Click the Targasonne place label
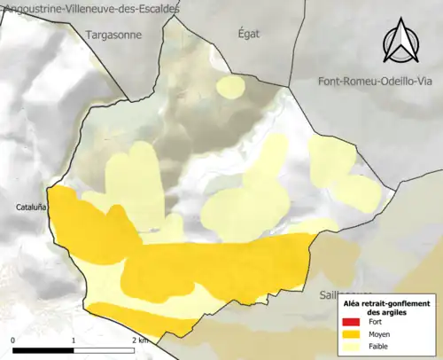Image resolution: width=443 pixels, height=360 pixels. [x=117, y=35]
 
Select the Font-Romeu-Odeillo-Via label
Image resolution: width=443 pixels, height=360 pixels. [x=378, y=82]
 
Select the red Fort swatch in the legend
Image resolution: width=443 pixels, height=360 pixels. [x=352, y=324]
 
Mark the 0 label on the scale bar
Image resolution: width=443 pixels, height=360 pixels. [x=13, y=340]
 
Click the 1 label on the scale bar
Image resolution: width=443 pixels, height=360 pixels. [x=74, y=340]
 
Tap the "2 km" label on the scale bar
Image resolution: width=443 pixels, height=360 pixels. [x=139, y=340]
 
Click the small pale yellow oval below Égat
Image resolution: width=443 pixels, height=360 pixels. [x=231, y=87]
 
